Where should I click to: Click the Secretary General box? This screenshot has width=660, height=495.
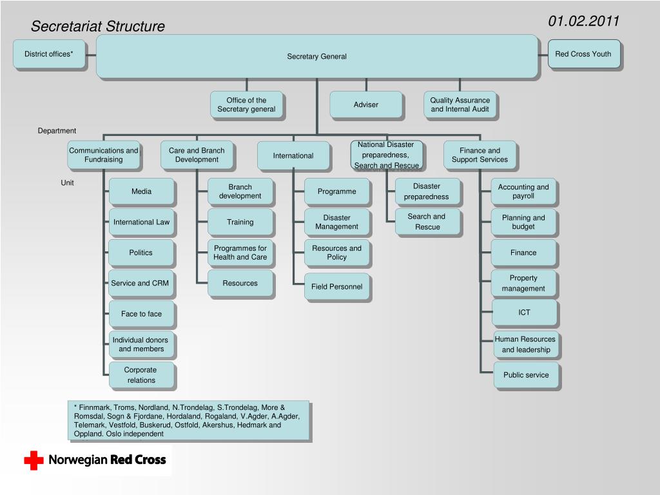point(317,57)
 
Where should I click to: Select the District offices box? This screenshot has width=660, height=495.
point(49,54)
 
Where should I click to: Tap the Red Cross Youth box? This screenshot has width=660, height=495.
point(584,54)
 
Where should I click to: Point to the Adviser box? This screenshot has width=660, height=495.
point(366,104)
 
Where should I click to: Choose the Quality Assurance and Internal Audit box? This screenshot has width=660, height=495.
point(460,104)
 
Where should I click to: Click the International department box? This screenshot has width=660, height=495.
point(293,156)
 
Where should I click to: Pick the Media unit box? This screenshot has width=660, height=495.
point(141,191)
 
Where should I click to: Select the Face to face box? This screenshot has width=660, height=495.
point(141,314)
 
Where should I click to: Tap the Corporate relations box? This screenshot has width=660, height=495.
point(141,375)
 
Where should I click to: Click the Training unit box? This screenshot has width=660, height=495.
point(240,222)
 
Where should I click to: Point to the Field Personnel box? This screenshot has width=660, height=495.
point(336,287)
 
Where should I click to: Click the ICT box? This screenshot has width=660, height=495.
point(524,313)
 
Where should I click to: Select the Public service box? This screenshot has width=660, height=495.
point(526,375)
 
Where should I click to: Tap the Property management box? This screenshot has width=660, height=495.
point(523,284)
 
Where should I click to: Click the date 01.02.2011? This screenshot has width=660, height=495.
point(583,21)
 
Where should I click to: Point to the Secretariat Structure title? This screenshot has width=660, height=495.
point(98,26)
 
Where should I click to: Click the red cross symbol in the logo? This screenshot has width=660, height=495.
point(34,460)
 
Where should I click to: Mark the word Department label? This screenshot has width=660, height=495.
point(57,131)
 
